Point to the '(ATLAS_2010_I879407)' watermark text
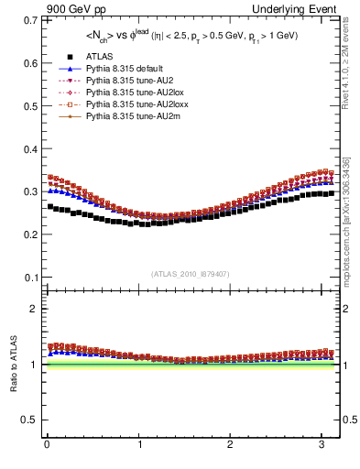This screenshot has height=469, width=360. pos(191,272)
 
